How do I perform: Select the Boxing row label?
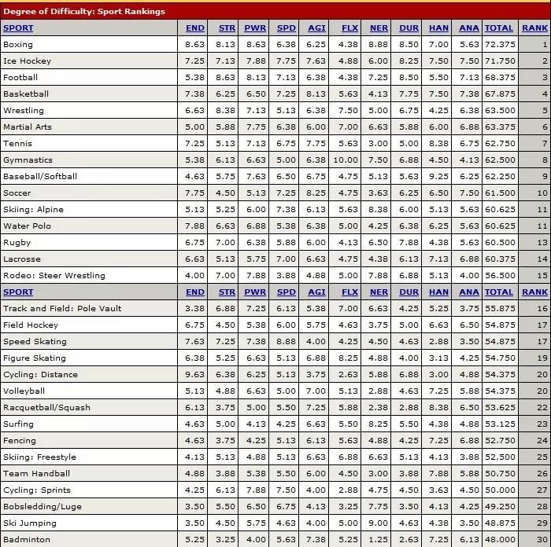click(x=18, y=45)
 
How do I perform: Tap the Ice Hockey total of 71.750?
click(x=500, y=61)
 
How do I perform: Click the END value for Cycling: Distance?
click(x=194, y=375)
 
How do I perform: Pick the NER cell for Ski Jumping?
click(x=379, y=523)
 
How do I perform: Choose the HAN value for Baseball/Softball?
click(x=439, y=177)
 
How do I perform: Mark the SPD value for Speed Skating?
click(x=287, y=342)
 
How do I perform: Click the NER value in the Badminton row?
click(x=379, y=540)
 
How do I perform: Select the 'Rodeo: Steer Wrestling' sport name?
click(x=54, y=276)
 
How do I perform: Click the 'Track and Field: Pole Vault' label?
click(x=62, y=309)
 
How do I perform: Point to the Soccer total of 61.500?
click(x=500, y=193)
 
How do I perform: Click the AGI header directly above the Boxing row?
click(x=316, y=28)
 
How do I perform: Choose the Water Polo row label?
click(x=27, y=226)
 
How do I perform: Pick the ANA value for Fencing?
click(x=469, y=441)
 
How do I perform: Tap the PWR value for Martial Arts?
click(x=256, y=127)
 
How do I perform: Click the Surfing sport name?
click(x=19, y=424)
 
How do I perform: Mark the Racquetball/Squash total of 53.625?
click(x=500, y=408)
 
